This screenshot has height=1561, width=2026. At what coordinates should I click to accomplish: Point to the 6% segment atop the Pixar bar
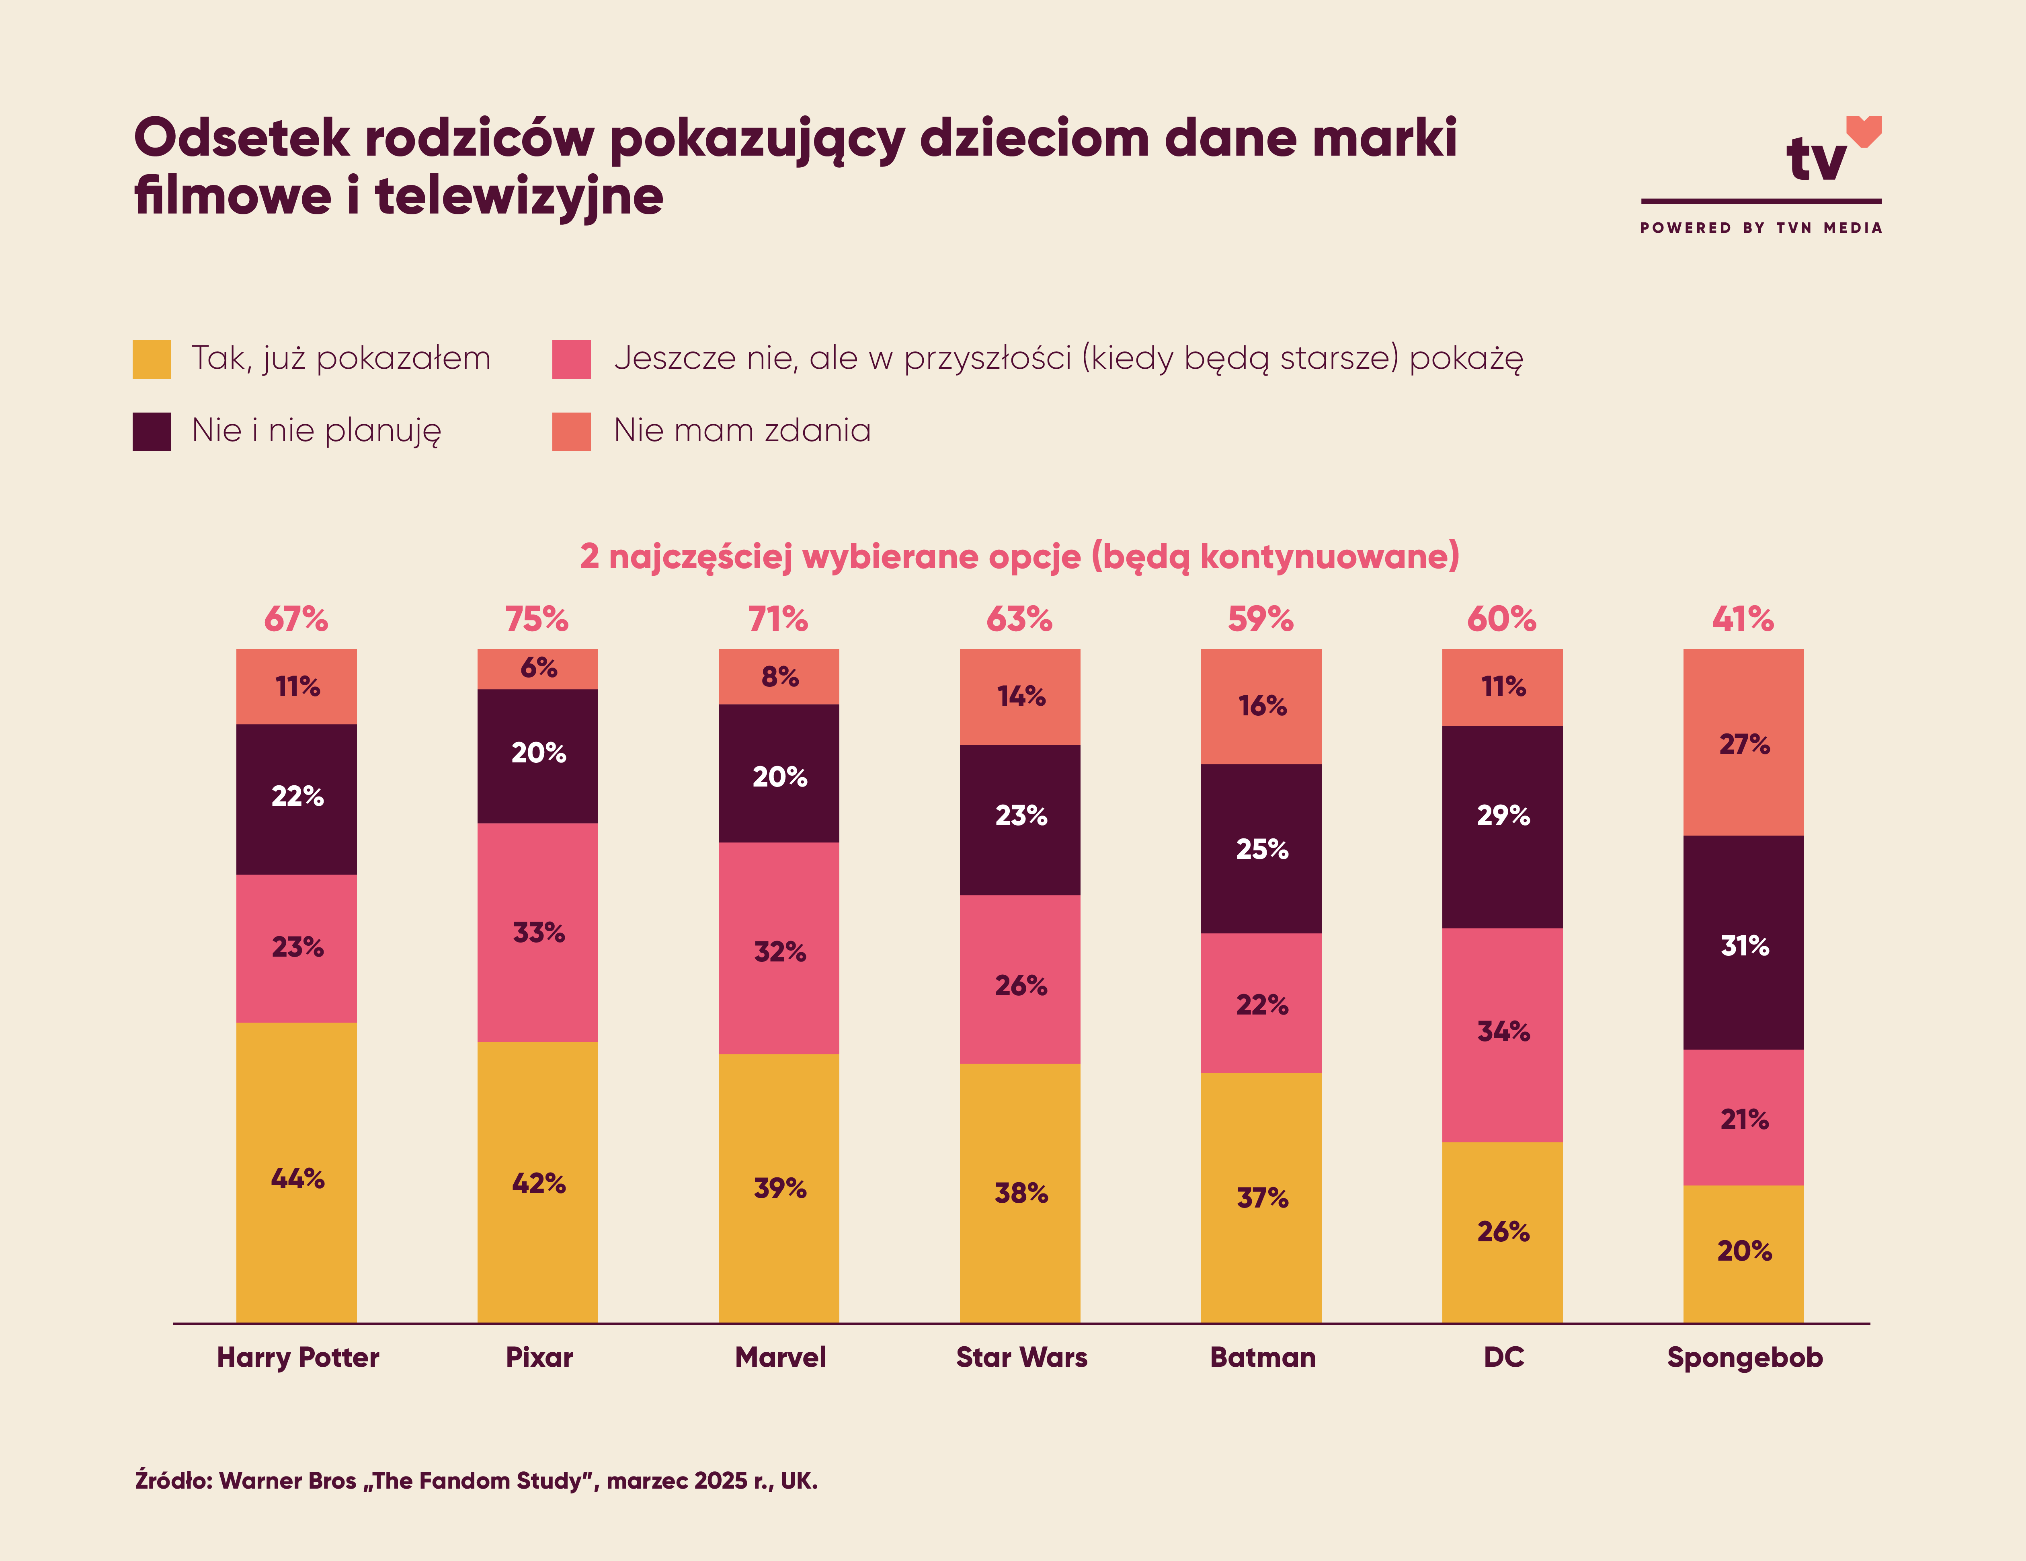(x=538, y=668)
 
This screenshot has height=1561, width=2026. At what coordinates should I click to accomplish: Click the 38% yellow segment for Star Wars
(x=1020, y=1193)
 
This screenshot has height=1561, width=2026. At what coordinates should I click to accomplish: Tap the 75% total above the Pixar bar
(x=537, y=619)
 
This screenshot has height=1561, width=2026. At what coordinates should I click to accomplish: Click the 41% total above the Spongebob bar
(x=1743, y=619)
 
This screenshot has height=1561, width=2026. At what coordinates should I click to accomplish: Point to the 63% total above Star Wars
(x=1019, y=619)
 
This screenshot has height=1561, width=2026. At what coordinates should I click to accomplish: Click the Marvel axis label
(x=780, y=1358)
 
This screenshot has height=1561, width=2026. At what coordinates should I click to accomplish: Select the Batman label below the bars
(x=1263, y=1358)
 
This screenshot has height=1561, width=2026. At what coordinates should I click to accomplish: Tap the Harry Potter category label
(x=298, y=1358)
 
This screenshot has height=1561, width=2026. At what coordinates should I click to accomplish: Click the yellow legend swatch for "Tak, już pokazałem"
(x=152, y=359)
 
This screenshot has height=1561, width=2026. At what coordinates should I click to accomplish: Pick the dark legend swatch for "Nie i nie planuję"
(x=152, y=431)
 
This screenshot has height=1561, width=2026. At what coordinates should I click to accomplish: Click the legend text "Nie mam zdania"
(x=742, y=431)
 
